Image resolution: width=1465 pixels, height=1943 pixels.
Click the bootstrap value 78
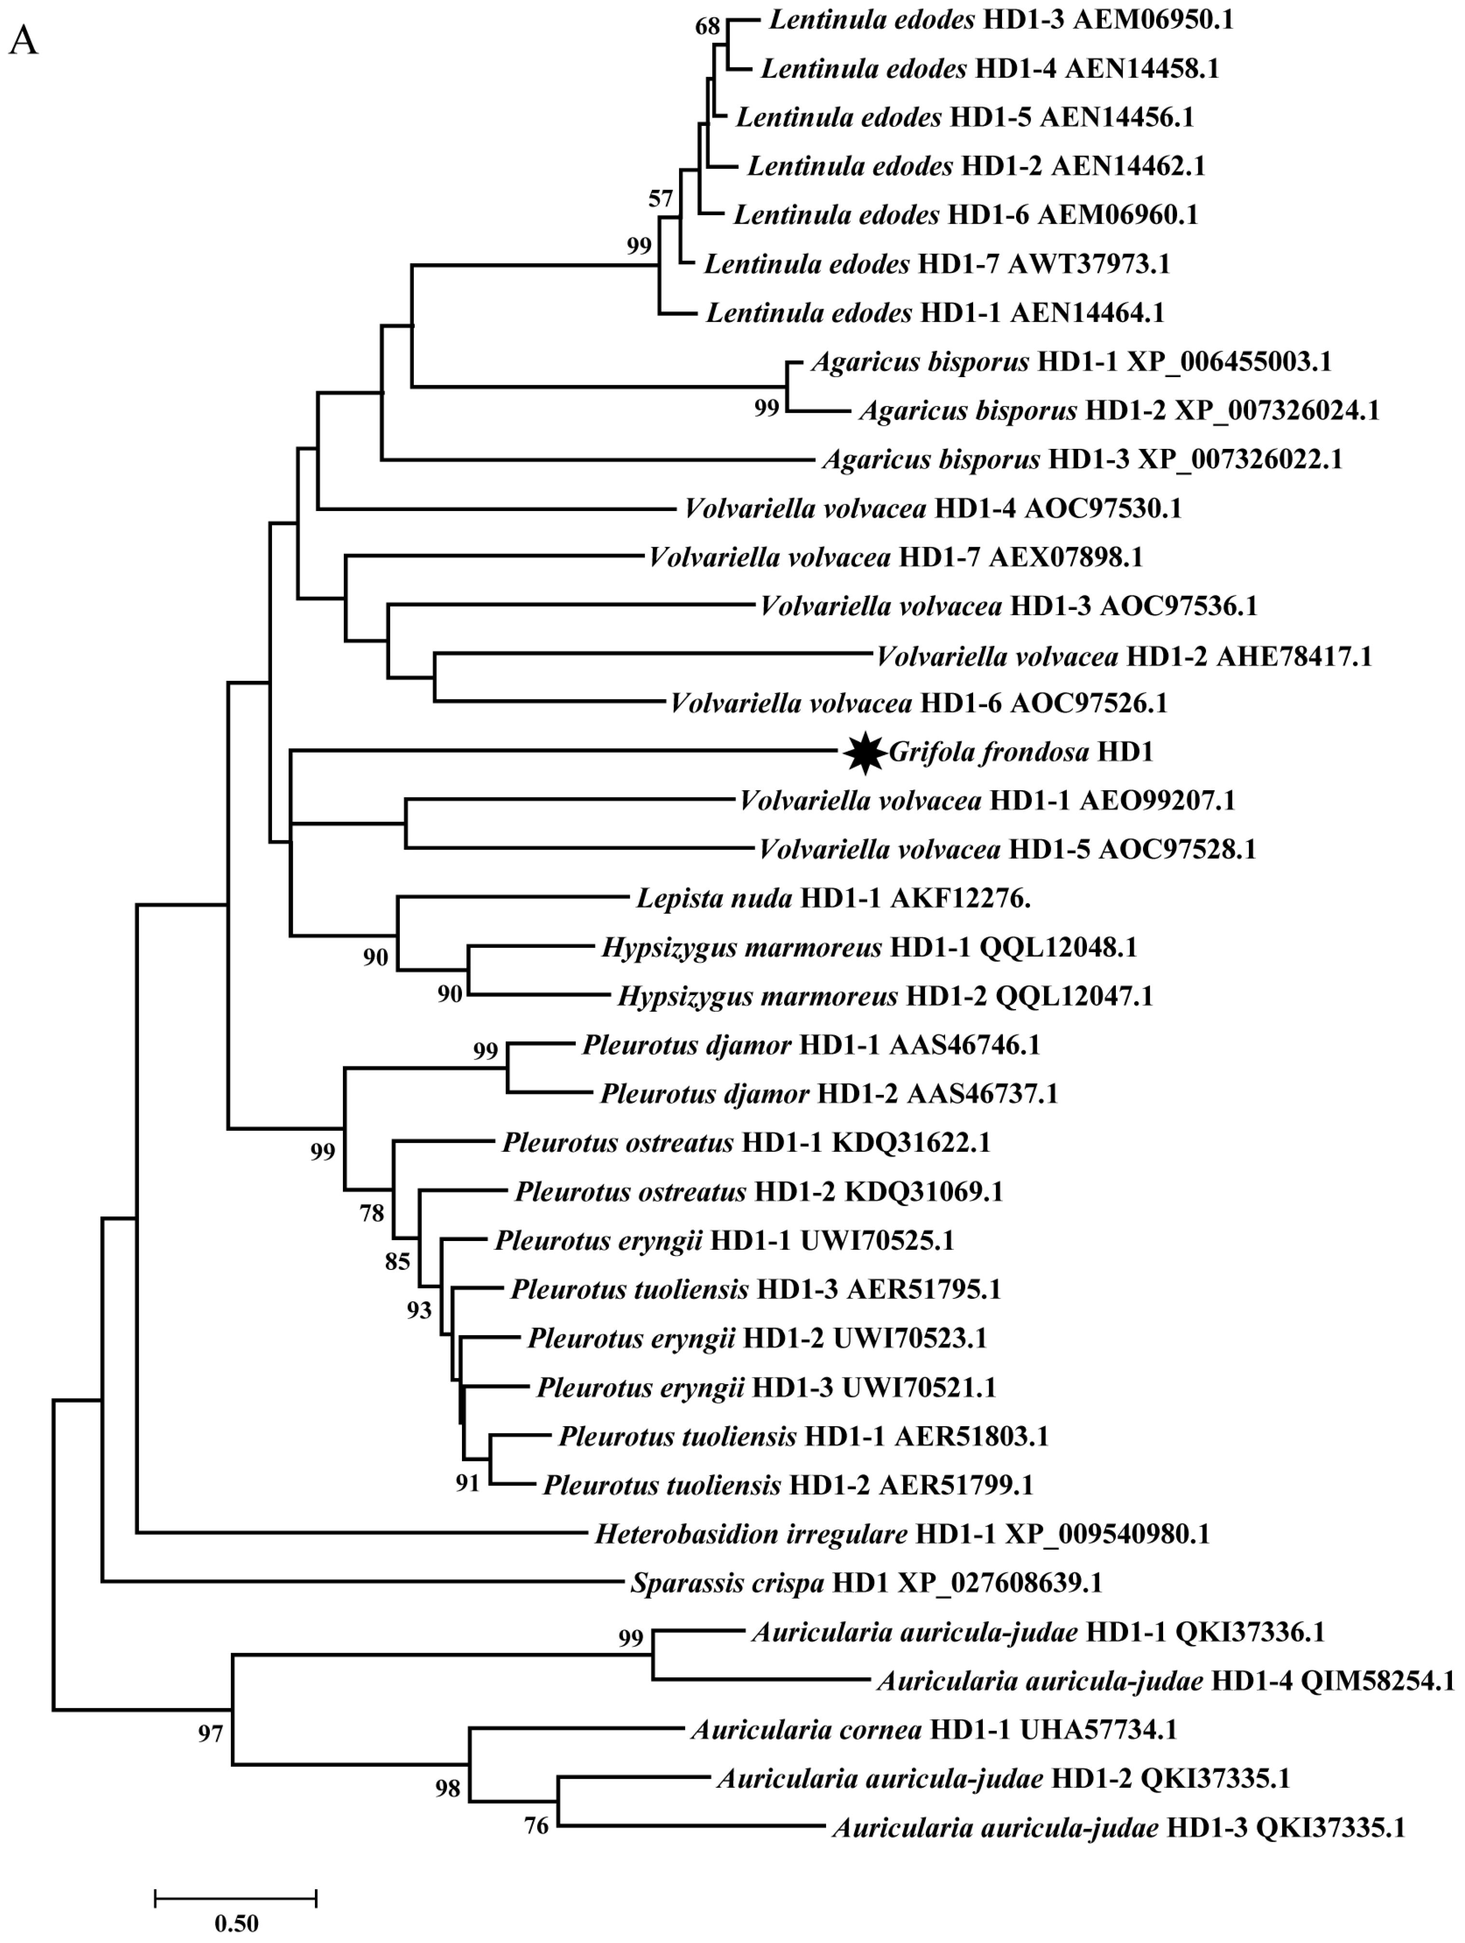point(371,1213)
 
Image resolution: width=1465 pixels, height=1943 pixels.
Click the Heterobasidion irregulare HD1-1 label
point(902,1534)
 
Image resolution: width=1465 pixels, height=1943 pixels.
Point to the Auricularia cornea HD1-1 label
point(933,1729)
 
